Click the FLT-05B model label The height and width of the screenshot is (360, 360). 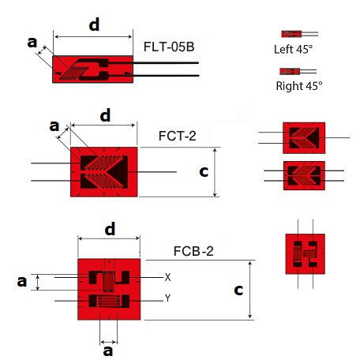[x=169, y=47]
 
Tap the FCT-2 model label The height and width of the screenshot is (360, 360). [x=178, y=136]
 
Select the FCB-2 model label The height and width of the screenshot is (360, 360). [x=193, y=251]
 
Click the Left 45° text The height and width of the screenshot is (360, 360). [x=293, y=49]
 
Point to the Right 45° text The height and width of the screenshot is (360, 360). [x=299, y=86]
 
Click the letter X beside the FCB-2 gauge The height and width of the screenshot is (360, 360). [x=167, y=277]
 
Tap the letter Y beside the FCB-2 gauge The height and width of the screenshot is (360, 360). [x=167, y=298]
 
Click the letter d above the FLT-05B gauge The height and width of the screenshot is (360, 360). [x=94, y=24]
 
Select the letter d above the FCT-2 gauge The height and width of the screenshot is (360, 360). [x=105, y=115]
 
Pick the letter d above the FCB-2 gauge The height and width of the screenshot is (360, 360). [x=110, y=229]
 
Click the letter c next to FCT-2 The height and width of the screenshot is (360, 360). [x=204, y=171]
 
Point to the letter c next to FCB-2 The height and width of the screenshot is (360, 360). [x=238, y=290]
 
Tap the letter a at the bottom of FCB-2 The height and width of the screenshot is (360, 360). [x=108, y=351]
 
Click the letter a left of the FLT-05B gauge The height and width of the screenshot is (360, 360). [x=32, y=43]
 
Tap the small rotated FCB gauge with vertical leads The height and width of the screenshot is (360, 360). [x=306, y=254]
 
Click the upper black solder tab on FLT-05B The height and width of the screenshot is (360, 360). [x=103, y=62]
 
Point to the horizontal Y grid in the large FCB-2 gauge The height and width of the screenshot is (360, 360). [x=109, y=302]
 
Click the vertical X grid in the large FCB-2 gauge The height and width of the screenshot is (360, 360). [x=108, y=281]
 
